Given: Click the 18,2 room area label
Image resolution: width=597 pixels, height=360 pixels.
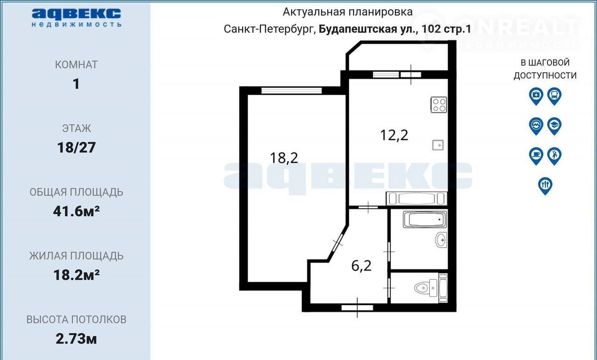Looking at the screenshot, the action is (284, 158).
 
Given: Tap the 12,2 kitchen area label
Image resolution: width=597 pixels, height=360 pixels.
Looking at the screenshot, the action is (394, 135).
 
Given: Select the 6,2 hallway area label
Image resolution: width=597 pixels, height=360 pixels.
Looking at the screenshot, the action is (361, 266).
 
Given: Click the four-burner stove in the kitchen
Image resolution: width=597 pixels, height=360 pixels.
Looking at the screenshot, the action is (439, 105).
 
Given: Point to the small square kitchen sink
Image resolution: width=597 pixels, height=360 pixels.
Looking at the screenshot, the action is (437, 145).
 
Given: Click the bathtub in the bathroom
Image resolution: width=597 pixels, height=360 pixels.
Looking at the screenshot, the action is (425, 219).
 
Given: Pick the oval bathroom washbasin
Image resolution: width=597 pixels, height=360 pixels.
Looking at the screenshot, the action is (441, 240).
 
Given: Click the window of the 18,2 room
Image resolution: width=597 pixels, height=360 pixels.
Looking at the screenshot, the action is (292, 90).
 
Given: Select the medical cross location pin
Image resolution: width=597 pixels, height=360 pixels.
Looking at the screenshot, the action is (536, 96).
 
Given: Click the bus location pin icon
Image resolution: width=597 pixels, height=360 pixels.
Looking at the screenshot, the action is (555, 96).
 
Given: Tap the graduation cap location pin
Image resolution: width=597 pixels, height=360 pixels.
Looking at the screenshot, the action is (555, 126).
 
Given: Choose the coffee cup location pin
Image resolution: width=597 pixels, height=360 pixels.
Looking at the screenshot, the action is (536, 156).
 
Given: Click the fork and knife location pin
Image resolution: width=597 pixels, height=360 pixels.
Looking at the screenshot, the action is (545, 186).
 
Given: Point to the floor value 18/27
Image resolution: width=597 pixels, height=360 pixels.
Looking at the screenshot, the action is (76, 148).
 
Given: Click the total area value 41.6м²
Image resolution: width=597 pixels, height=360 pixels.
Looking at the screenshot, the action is (76, 211).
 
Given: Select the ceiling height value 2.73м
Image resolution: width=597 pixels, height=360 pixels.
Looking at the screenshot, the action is (76, 339).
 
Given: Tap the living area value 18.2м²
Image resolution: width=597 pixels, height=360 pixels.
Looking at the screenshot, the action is (76, 275).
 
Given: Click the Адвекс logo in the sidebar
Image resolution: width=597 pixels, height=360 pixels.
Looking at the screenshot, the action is (76, 18).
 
